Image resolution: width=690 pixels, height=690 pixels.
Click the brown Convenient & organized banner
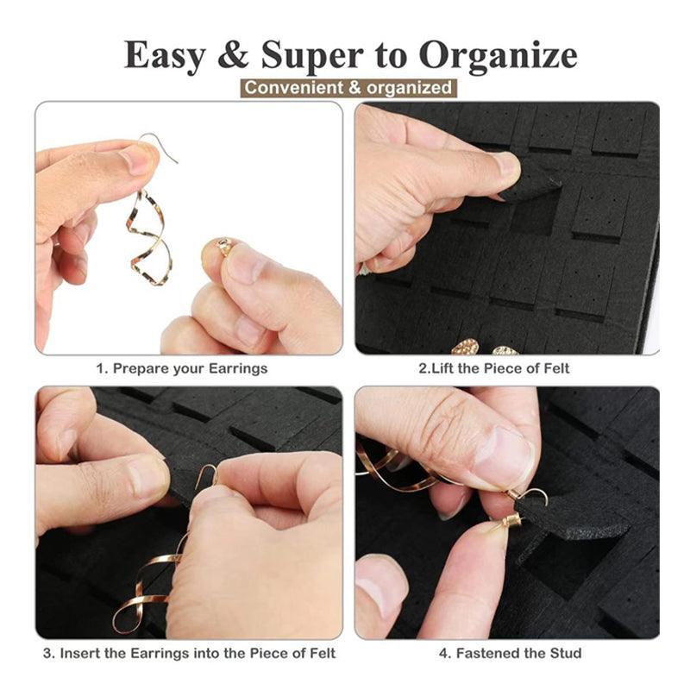348,87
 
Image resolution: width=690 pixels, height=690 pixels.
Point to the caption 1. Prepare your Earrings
181,368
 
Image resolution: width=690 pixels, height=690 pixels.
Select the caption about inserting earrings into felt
189,653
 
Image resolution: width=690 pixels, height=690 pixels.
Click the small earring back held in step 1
224,248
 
